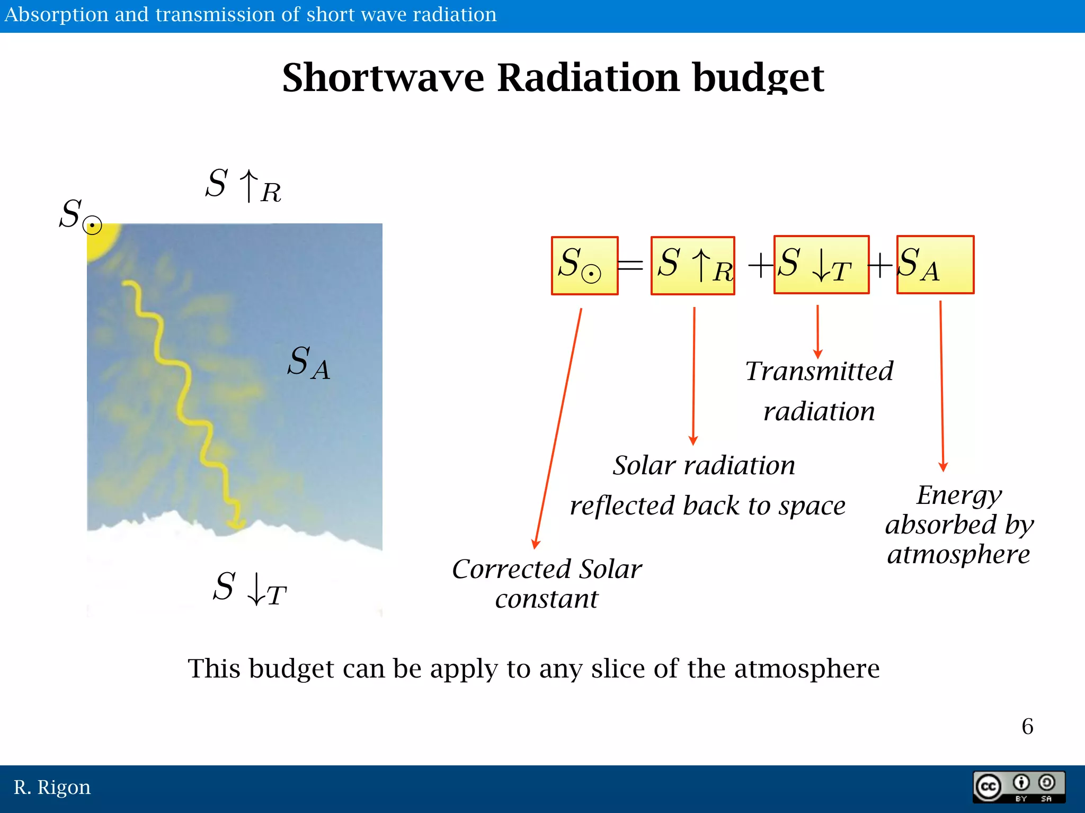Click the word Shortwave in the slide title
tap(383, 78)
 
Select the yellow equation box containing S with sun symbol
tap(584, 265)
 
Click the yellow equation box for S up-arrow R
tap(692, 265)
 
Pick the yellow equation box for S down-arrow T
tap(821, 265)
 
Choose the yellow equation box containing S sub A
tap(935, 265)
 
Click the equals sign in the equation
tap(631, 265)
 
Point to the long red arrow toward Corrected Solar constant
tap(558, 429)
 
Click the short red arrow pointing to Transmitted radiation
tap(817, 331)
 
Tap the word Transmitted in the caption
tap(819, 371)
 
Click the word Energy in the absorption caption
tap(959, 495)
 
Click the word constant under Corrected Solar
tap(546, 599)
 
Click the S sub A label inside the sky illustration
tap(308, 363)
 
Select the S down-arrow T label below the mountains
tap(250, 588)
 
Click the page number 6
tap(1027, 726)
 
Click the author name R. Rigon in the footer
tap(52, 787)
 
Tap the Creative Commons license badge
tap(1018, 787)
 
